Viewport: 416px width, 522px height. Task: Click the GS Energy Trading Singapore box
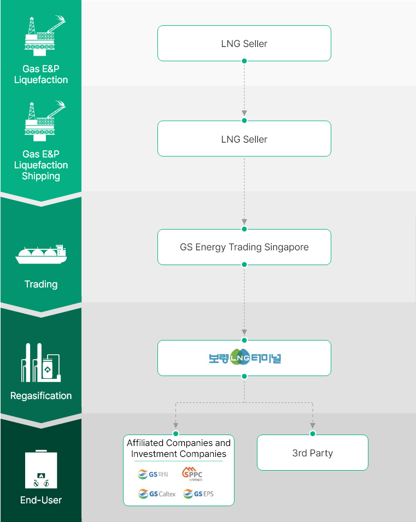[x=244, y=247]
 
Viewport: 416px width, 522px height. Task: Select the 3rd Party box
[x=312, y=453]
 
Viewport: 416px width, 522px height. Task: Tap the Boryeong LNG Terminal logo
[x=244, y=358]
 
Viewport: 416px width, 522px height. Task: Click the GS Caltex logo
[x=157, y=494]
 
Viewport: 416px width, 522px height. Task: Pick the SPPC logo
[x=192, y=473]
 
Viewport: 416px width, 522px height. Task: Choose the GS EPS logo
[x=198, y=494]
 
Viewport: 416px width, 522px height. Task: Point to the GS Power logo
[x=154, y=474]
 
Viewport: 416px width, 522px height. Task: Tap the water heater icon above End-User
[x=41, y=470]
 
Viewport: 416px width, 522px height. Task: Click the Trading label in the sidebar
[x=41, y=284]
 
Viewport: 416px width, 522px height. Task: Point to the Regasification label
[x=41, y=396]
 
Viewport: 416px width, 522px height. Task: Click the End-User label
[x=41, y=500]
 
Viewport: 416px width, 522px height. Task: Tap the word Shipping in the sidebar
[x=41, y=176]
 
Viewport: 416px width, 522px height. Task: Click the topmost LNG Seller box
[x=244, y=43]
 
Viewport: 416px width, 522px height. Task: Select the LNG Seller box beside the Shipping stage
[x=244, y=139]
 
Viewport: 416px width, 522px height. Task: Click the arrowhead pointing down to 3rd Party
[x=313, y=425]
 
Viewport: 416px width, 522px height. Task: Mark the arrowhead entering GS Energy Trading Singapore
[x=244, y=221]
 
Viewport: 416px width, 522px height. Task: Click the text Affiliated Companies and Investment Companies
[x=179, y=448]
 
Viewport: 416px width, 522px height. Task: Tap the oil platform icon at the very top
[x=44, y=36]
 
